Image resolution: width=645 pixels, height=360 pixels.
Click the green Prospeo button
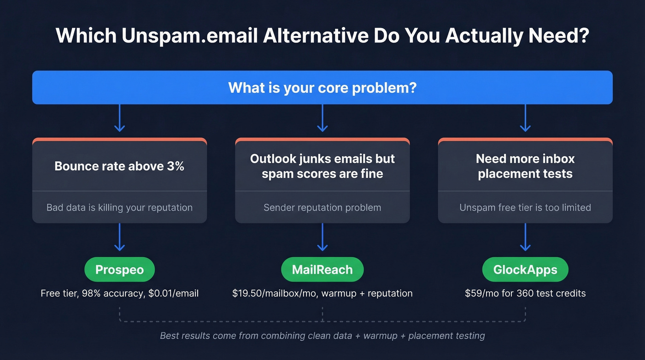(119, 269)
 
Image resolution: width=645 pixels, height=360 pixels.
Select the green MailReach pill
(322, 269)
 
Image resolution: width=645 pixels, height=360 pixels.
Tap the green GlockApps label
(525, 269)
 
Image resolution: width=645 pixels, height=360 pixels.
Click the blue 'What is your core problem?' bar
(322, 87)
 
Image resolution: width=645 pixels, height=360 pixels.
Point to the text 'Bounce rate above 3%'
(119, 166)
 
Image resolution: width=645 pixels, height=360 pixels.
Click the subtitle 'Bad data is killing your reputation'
(119, 207)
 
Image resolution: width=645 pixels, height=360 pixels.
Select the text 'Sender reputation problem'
(322, 207)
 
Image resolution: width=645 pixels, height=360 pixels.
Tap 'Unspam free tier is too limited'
(525, 207)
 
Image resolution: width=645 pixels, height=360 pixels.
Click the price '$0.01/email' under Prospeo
(174, 293)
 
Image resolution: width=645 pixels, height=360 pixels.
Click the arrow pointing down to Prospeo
(119, 237)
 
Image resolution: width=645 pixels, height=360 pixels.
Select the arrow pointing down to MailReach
(322, 237)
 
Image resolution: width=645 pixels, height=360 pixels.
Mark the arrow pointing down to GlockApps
(525, 237)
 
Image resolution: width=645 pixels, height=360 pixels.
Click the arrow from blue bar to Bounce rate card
(119, 118)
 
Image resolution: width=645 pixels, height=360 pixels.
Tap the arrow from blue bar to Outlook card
(322, 118)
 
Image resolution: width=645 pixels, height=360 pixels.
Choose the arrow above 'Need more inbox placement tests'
(525, 118)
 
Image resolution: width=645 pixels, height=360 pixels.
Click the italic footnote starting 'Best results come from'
(322, 336)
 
